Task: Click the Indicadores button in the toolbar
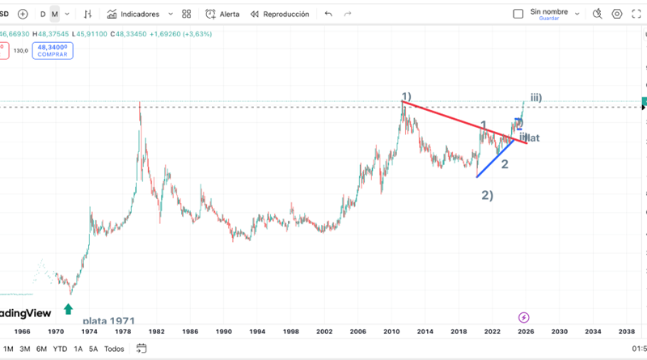pyautogui.click(x=138, y=14)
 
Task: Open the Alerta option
pyautogui.click(x=222, y=14)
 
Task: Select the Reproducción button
pyautogui.click(x=280, y=14)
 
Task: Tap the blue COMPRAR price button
pyautogui.click(x=53, y=51)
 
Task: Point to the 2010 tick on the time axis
pyautogui.click(x=392, y=332)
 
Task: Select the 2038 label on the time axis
pyautogui.click(x=625, y=332)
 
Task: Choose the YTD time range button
pyautogui.click(x=60, y=349)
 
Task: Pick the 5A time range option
pyautogui.click(x=94, y=349)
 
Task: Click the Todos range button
pyautogui.click(x=114, y=349)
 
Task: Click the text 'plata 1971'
pyautogui.click(x=108, y=321)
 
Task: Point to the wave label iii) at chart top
pyautogui.click(x=536, y=98)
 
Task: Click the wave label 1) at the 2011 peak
pyautogui.click(x=407, y=96)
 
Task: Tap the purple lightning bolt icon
pyautogui.click(x=523, y=317)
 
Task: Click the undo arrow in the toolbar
pyautogui.click(x=328, y=14)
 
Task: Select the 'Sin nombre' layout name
pyautogui.click(x=548, y=11)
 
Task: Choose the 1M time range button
pyautogui.click(x=8, y=349)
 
